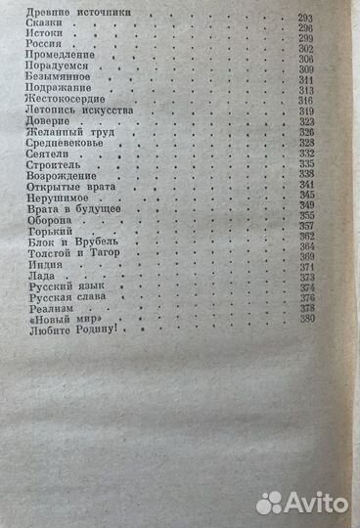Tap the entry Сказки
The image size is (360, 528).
coord(38,30)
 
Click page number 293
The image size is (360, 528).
coord(306,19)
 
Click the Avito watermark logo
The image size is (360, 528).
coord(300,505)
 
